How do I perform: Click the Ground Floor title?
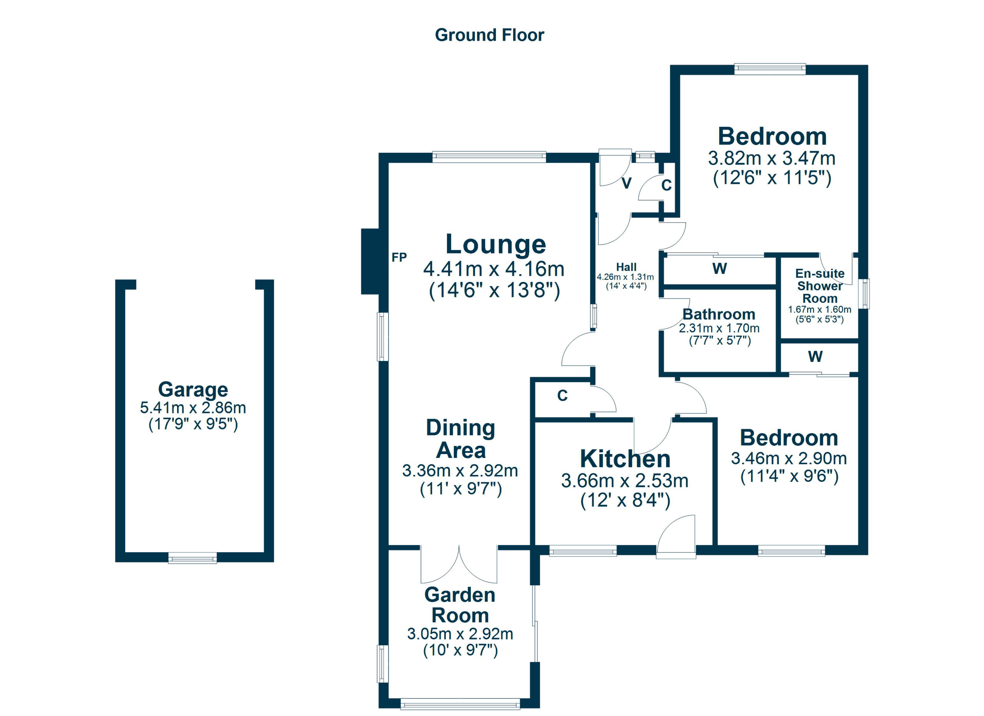(489, 35)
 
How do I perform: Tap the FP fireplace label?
(399, 258)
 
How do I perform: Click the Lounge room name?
(495, 244)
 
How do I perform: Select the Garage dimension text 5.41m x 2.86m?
(193, 408)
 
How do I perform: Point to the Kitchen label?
(625, 459)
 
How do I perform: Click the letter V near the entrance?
(627, 183)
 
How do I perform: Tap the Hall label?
(626, 267)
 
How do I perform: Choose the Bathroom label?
(719, 314)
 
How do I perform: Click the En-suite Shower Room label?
(819, 286)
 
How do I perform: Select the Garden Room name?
(460, 605)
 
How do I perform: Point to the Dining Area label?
(460, 439)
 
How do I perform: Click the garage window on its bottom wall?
(193, 558)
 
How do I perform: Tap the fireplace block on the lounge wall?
(370, 261)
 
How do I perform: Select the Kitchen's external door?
(676, 537)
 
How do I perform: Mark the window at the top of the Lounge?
(489, 157)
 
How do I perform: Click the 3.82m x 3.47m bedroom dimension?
(772, 158)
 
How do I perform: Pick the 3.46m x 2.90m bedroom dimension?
(789, 458)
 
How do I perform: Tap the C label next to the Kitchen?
(562, 396)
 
